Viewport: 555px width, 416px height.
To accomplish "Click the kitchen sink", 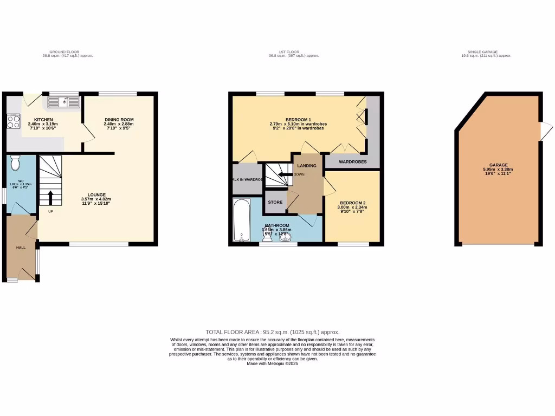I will pos(64,101).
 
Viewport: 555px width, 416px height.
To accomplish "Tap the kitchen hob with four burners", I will pos(13,121).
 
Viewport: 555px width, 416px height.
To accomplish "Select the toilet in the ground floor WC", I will pos(15,162).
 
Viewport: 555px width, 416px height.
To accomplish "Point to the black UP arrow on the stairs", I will pos(51,198).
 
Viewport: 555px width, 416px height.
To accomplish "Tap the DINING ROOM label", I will pos(119,120).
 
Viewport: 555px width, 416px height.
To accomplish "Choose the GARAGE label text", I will pos(499,165).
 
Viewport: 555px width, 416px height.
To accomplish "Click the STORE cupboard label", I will pos(275,203).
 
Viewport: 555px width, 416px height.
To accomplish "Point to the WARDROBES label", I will pos(353,162).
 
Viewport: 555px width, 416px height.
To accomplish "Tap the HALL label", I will pos(21,248).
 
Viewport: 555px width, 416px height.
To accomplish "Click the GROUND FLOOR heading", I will pos(68,52).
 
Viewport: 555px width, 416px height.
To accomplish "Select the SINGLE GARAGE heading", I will pos(486,52).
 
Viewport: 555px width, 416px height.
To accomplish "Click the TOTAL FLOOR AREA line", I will pos(273,332).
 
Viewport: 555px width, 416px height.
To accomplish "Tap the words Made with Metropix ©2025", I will pos(273,363).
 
